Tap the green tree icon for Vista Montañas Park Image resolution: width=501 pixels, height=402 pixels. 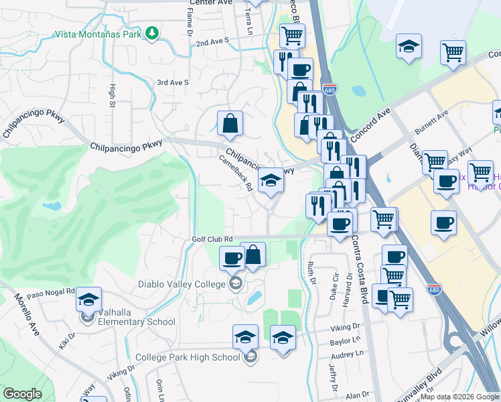(x=153, y=32)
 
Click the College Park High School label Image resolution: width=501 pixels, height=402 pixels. (x=188, y=357)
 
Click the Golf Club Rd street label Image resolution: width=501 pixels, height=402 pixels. (x=212, y=239)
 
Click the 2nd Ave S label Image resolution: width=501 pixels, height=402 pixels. (x=212, y=42)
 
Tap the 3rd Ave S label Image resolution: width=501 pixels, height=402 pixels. (x=173, y=82)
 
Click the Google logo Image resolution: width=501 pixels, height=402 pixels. (x=23, y=394)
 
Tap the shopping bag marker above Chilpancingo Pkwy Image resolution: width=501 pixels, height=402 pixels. (x=230, y=124)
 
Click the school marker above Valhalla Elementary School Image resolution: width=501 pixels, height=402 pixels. (x=88, y=301)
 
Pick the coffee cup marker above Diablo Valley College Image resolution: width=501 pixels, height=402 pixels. (x=232, y=257)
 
